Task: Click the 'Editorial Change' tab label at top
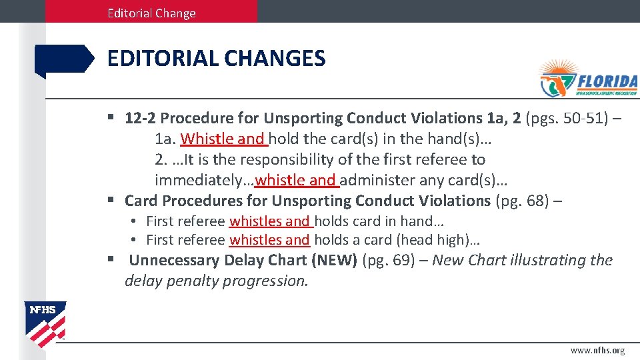click(151, 13)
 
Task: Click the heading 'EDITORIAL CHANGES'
click(216, 59)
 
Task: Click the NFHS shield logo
click(45, 323)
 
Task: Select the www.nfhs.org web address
click(597, 350)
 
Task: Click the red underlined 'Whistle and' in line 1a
click(223, 139)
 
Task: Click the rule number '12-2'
click(140, 118)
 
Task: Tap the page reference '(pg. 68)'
click(526, 200)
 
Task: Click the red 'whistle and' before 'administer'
click(296, 180)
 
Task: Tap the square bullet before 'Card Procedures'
click(111, 200)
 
